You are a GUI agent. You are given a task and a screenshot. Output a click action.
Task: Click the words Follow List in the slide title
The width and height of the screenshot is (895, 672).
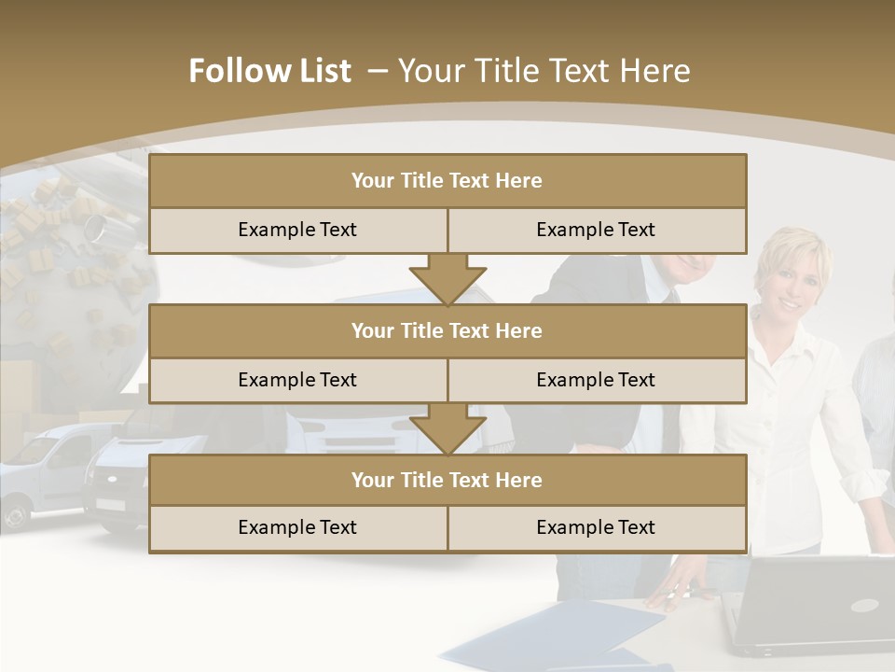(270, 71)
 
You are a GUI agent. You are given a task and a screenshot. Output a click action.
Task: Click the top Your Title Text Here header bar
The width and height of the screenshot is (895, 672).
(447, 181)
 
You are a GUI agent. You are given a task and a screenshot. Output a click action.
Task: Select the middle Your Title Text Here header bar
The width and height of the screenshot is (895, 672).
(447, 330)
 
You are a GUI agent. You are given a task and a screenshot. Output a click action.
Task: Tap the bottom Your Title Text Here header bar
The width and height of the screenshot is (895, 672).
(447, 480)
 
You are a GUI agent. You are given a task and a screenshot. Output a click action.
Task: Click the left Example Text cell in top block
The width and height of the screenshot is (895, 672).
(297, 230)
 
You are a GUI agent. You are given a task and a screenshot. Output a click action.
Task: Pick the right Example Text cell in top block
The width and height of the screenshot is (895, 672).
(597, 230)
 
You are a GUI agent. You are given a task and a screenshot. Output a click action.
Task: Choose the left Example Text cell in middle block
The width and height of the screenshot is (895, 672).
(297, 380)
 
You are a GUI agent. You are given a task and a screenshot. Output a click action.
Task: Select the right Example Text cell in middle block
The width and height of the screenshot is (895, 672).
(597, 380)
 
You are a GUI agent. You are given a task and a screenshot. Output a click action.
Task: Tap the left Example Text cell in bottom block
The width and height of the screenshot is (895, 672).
(297, 527)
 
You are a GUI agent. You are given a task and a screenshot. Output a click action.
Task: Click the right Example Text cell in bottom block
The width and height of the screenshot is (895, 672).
(597, 527)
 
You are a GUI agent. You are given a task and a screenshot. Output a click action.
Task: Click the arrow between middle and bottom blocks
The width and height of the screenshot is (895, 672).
(447, 428)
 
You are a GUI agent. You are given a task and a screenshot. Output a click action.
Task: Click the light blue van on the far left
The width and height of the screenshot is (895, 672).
(42, 471)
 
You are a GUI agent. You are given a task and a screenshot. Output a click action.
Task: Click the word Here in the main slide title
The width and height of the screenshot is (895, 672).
(657, 71)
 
